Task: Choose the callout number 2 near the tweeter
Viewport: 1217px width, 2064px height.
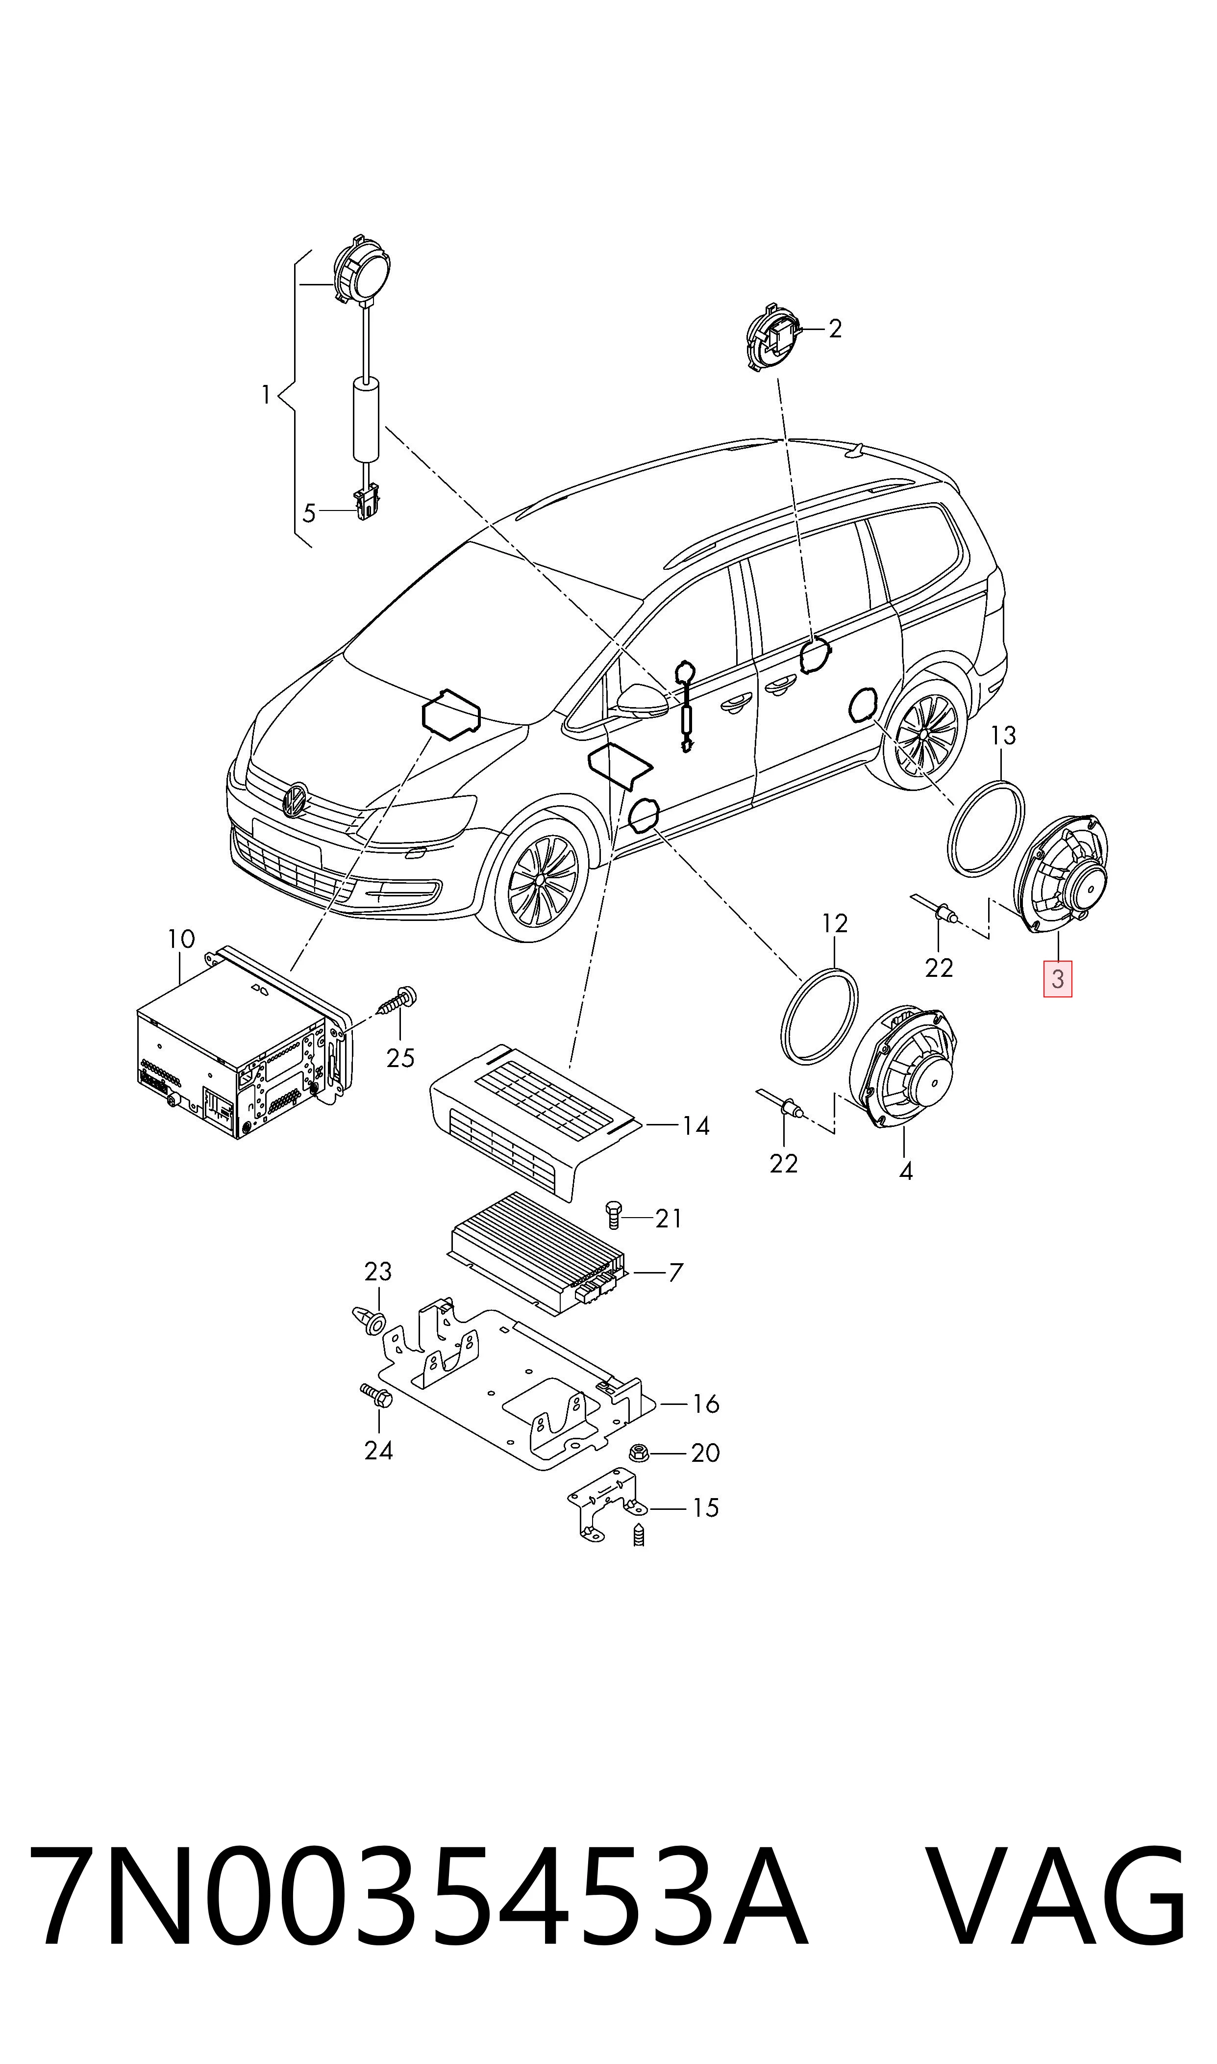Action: tap(835, 329)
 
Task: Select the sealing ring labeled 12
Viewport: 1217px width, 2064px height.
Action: tap(818, 1016)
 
